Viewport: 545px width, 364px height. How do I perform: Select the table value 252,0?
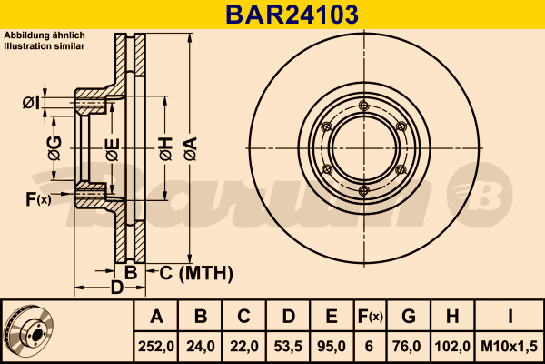[157, 345]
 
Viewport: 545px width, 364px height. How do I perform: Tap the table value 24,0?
[202, 345]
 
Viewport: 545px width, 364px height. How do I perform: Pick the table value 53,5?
[288, 345]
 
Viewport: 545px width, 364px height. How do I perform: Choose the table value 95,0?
[332, 345]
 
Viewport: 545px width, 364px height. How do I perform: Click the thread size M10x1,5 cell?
[510, 345]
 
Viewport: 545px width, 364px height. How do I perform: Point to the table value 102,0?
[453, 345]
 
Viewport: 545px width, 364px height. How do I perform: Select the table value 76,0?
[410, 345]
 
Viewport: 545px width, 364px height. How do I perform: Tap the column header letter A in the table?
[157, 317]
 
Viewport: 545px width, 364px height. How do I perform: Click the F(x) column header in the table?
[370, 317]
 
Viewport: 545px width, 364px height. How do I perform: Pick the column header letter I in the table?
[510, 317]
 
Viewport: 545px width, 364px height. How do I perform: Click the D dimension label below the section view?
[116, 288]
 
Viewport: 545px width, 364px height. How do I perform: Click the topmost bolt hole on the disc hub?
[363, 106]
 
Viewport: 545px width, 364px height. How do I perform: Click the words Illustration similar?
[45, 45]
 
